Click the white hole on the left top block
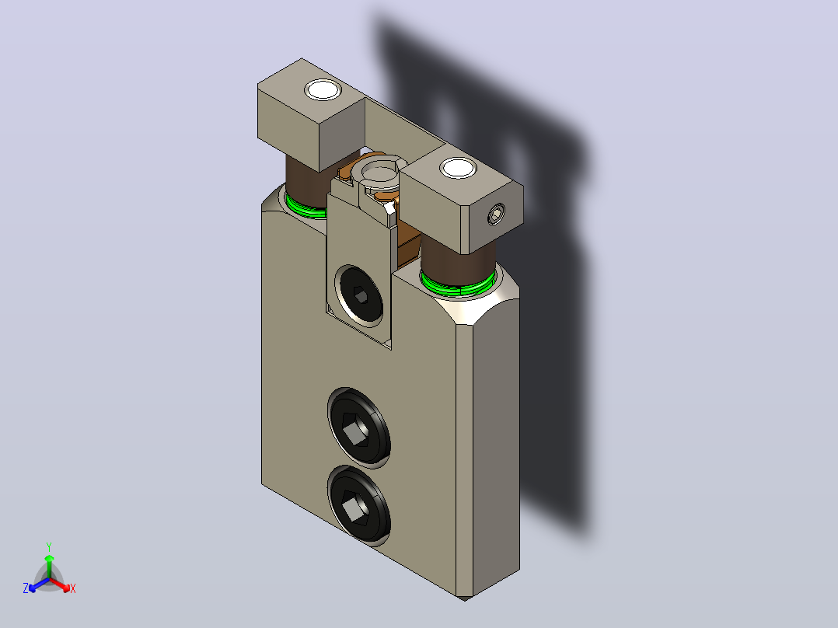tap(323, 90)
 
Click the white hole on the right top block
tap(458, 168)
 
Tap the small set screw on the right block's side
tap(496, 215)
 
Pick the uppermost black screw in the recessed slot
tap(360, 295)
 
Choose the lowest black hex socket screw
tap(358, 505)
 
